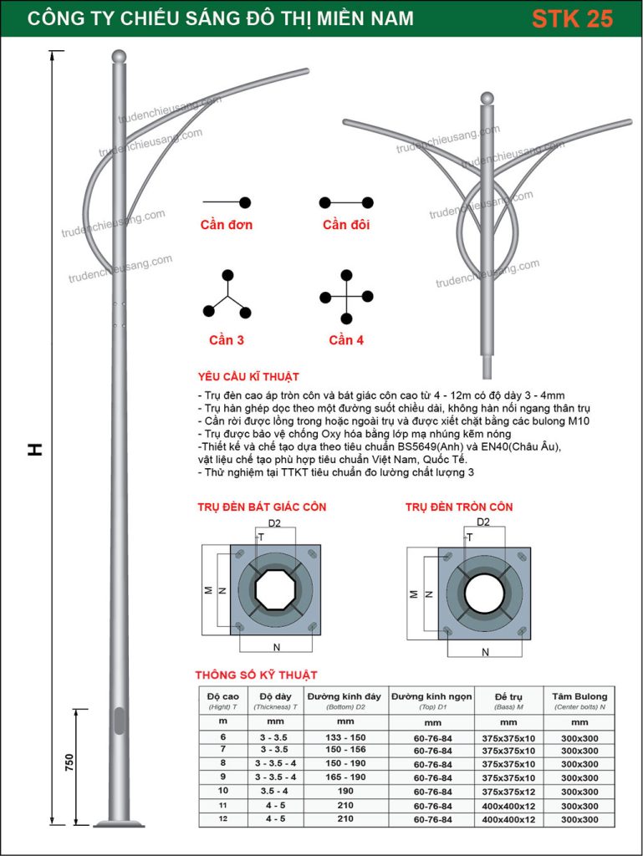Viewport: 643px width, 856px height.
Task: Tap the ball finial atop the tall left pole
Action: (120, 57)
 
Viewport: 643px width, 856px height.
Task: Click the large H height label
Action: (34, 449)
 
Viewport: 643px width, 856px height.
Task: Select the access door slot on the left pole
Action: (119, 721)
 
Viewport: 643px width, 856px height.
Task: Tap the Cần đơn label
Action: (226, 225)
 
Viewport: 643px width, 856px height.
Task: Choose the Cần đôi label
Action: (345, 225)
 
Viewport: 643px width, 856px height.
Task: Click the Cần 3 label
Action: (227, 340)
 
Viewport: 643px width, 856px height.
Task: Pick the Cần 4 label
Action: (346, 340)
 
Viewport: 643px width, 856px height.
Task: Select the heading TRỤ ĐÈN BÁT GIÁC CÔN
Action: (262, 507)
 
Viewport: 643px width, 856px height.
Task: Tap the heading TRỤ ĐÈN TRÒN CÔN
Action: (459, 507)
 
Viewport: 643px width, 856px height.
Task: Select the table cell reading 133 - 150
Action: (344, 736)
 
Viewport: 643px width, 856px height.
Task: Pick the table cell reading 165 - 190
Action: (344, 777)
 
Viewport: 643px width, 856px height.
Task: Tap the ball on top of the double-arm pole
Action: (486, 98)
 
